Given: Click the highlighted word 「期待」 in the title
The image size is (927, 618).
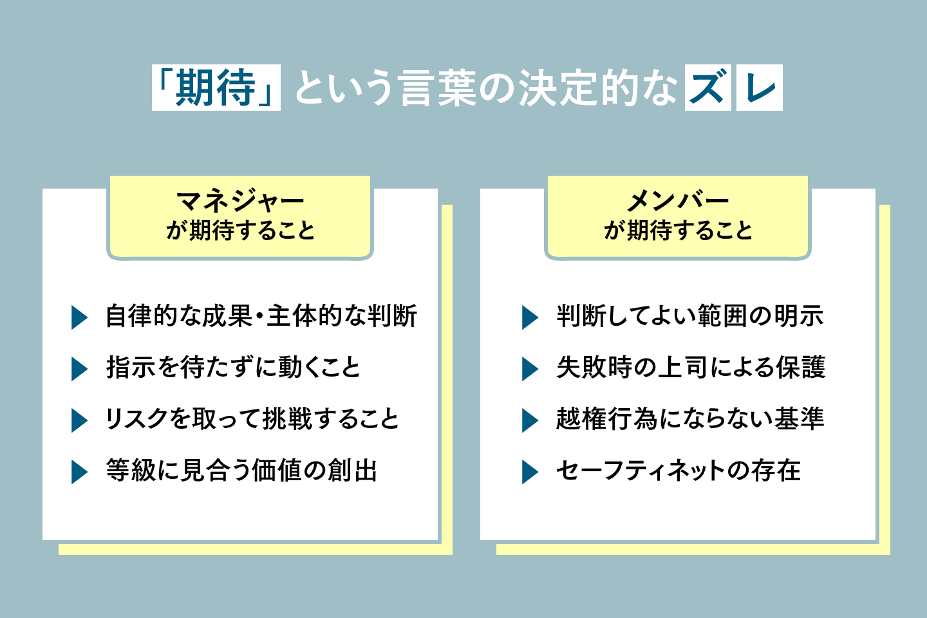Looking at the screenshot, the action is [216, 88].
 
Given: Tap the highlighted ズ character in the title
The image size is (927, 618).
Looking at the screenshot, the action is [707, 88].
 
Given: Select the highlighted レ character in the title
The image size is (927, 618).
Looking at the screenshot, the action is [760, 88].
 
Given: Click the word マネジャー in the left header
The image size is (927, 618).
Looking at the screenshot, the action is [240, 201].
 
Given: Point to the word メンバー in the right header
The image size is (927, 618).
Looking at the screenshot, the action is [678, 201].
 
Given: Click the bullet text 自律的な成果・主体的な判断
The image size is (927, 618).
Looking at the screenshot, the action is [261, 316].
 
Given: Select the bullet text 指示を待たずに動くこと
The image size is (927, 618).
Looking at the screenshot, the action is [233, 368].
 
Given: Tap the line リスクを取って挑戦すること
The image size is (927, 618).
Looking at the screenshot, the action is [252, 419].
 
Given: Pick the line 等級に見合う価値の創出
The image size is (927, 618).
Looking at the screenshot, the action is [242, 471].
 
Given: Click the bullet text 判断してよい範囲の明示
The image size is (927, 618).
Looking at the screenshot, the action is [690, 316].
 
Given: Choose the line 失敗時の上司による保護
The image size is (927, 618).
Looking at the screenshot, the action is [691, 368].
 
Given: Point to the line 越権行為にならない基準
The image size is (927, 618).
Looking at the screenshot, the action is [690, 419].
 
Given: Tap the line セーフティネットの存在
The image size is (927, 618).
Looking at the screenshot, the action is [679, 471].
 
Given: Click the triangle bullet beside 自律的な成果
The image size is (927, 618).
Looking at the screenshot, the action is [79, 317].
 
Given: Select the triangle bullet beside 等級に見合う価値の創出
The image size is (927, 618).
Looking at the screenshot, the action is [79, 472].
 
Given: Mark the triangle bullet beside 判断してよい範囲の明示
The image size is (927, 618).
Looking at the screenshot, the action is [529, 317].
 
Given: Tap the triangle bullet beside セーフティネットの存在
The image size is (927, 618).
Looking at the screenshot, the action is [529, 472].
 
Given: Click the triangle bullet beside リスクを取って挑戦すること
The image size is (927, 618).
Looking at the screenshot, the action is [79, 420].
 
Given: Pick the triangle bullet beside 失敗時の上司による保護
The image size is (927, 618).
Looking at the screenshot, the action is [529, 369].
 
